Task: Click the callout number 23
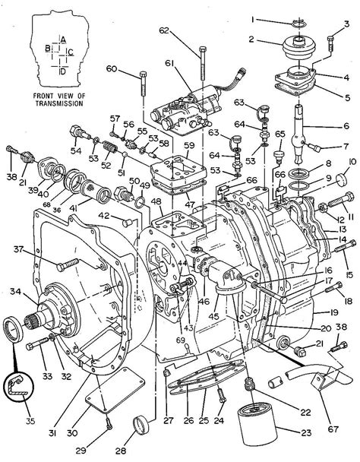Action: (x=327, y=434)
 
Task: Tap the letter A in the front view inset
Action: (x=64, y=38)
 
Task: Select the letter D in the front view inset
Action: (x=64, y=71)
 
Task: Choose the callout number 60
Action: (x=111, y=69)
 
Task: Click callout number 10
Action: (x=352, y=162)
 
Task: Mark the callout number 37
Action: (x=17, y=249)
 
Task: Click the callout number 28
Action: (x=121, y=450)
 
